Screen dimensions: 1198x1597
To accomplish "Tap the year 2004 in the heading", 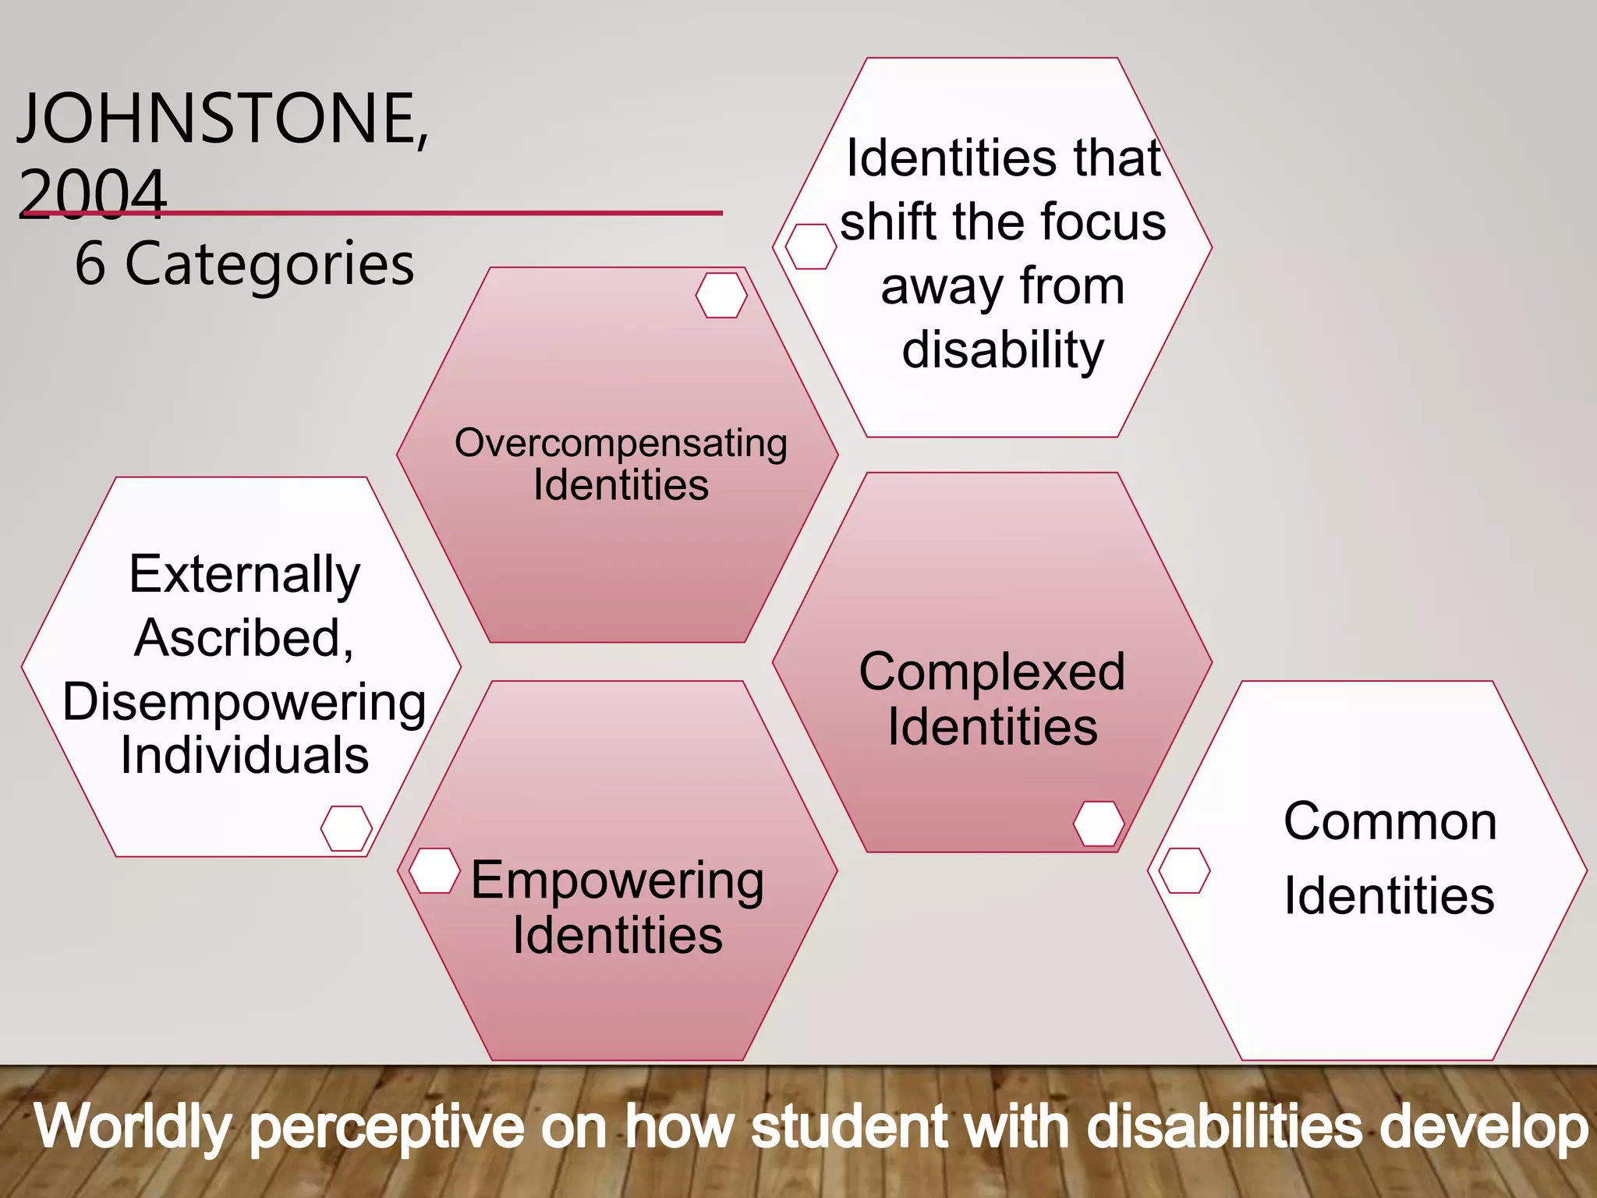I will [92, 192].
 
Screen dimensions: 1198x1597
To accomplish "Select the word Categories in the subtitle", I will [269, 264].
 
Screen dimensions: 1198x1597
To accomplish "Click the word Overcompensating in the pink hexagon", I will [621, 443].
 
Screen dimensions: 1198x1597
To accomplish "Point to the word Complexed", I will [992, 672].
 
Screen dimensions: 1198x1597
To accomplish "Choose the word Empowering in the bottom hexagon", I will [618, 881].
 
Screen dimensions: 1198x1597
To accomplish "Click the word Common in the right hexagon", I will [1390, 821].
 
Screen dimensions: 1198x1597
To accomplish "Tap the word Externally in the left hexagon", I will [245, 574].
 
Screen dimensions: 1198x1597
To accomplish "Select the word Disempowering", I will [245, 702].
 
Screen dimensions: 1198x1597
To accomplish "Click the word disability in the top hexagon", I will [1003, 349].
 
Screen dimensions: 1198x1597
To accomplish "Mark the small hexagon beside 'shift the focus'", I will [810, 246].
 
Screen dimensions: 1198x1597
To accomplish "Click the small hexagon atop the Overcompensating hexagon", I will [721, 295].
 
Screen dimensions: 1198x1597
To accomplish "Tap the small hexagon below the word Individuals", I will [346, 828].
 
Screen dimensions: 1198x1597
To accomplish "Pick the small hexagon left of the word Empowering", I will [434, 870].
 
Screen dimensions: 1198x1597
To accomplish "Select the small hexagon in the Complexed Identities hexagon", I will [1098, 823].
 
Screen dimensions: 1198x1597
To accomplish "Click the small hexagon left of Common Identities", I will [1184, 870].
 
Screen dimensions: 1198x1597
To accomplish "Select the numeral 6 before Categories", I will [90, 264].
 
